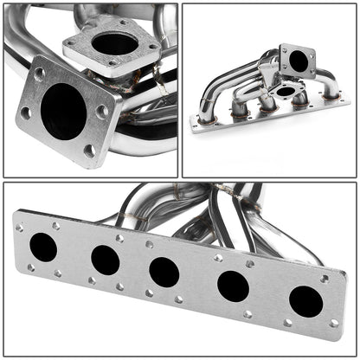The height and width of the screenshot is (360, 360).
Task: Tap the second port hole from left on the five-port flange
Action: click(105, 259)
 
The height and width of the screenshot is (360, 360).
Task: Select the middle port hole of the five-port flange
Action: click(164, 271)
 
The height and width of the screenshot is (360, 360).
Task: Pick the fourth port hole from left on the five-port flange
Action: click(232, 285)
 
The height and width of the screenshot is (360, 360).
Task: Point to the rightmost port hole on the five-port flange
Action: click(305, 300)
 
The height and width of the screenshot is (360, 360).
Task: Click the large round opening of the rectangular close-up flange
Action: click(63, 111)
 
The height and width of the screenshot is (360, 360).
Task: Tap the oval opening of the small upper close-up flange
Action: click(113, 44)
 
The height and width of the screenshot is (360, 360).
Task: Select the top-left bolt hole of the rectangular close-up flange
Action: click(39, 74)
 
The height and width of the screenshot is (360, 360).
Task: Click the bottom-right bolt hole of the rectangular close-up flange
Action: click(89, 150)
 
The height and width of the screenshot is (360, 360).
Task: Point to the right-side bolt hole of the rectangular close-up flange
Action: click(103, 111)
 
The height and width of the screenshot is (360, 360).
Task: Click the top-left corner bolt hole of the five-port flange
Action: click(20, 228)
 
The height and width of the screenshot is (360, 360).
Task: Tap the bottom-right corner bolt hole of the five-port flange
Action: click(334, 324)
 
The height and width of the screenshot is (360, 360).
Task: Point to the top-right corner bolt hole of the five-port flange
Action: click(325, 279)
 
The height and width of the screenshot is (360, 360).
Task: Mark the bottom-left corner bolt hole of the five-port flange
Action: click(27, 267)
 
